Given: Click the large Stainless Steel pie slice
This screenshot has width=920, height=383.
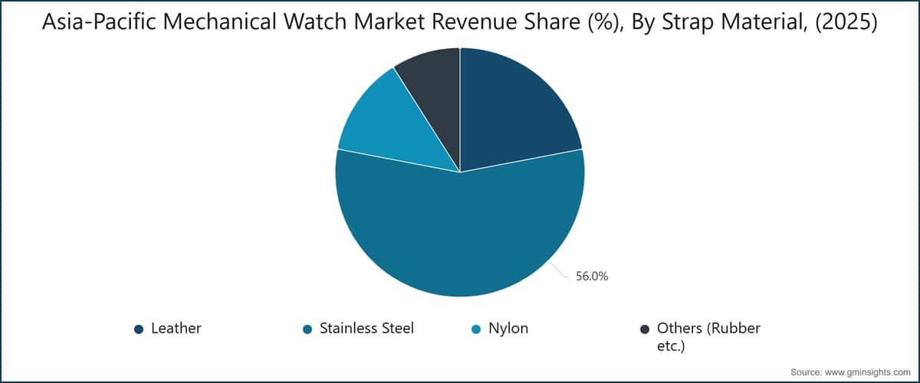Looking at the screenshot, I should (460, 237).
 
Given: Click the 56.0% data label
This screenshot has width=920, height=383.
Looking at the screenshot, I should (591, 277).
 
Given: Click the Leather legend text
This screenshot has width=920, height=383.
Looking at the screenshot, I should (176, 329).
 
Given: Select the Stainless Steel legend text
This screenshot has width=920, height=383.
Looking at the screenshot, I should (367, 329).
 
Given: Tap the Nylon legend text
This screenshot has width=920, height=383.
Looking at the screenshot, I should (508, 329).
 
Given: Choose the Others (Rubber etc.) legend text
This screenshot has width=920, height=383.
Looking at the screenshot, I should (708, 337).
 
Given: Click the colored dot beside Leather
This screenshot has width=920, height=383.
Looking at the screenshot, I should (139, 329).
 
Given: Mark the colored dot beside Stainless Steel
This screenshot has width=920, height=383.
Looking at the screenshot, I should (307, 329).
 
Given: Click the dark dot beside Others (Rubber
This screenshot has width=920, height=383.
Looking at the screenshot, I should (645, 329).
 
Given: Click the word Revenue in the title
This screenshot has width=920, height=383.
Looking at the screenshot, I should (484, 23).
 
